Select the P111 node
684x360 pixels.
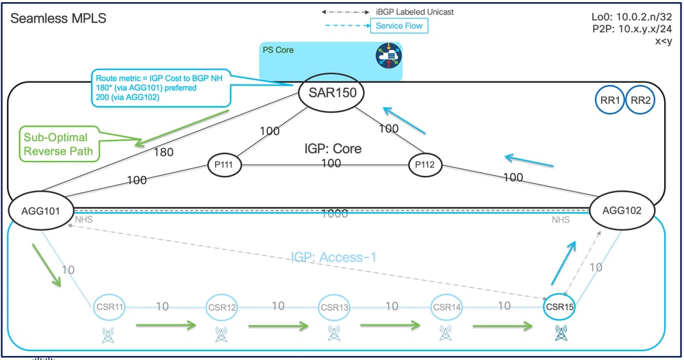227,165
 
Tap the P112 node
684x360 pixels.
426,165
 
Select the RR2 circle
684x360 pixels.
640,101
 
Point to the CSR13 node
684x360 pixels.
334,307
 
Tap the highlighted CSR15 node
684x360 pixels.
559,307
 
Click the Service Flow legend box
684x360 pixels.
399,26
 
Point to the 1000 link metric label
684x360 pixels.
335,214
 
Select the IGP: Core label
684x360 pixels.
332,148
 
